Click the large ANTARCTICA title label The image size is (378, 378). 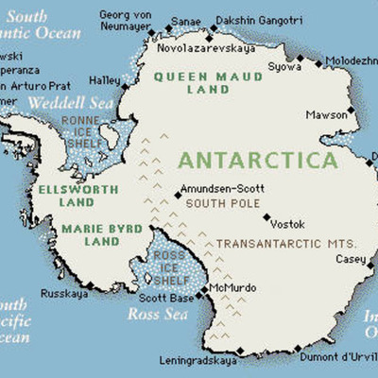click(256, 158)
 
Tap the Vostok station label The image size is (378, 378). click(288, 224)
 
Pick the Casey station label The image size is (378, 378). click(350, 258)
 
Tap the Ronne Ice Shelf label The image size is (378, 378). click(81, 133)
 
